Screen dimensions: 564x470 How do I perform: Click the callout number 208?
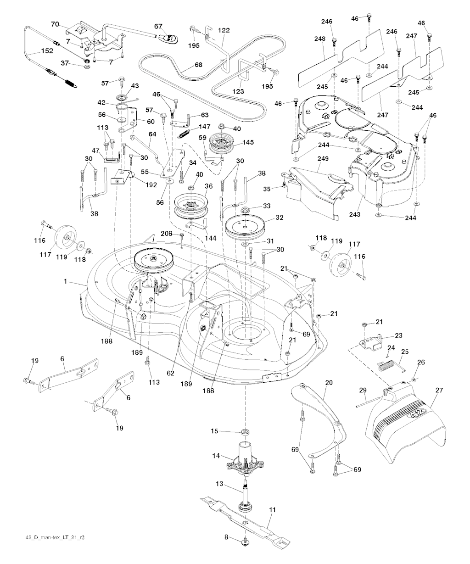tap(167, 234)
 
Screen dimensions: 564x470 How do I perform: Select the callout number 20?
tap(329, 382)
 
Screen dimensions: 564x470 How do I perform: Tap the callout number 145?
tap(248, 142)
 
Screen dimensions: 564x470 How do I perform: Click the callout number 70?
tap(55, 24)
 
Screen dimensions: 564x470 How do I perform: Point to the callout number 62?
tap(171, 374)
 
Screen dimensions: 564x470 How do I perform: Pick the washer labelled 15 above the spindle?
tap(245, 432)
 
